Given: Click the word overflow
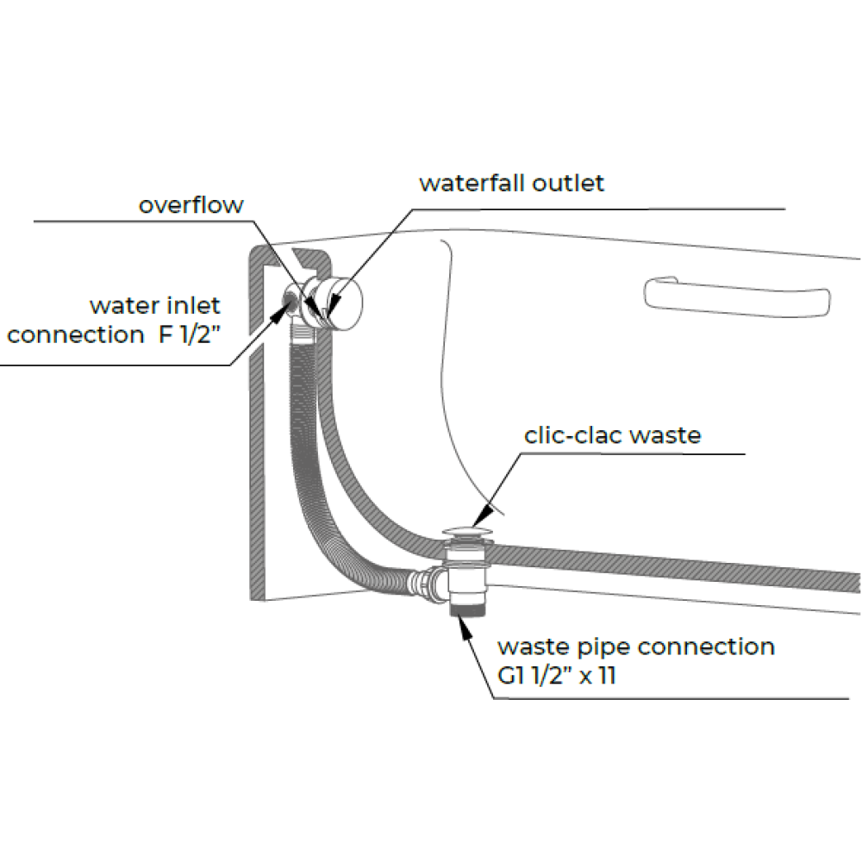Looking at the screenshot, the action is (x=191, y=205).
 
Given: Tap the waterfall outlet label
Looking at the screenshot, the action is (x=511, y=183).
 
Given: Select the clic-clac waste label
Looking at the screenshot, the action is (x=612, y=435).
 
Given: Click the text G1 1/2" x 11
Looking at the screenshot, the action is (x=556, y=675).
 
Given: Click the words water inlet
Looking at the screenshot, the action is (x=155, y=305).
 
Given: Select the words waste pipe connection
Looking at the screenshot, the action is (x=636, y=647).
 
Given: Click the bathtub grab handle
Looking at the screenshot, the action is (x=737, y=297).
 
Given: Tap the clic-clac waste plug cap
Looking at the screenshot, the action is (x=468, y=531).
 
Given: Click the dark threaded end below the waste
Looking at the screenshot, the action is (x=468, y=609).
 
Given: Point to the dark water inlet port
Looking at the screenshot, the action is (x=289, y=301).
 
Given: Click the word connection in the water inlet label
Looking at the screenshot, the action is (x=75, y=334).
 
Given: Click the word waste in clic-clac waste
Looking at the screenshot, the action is (x=665, y=435).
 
